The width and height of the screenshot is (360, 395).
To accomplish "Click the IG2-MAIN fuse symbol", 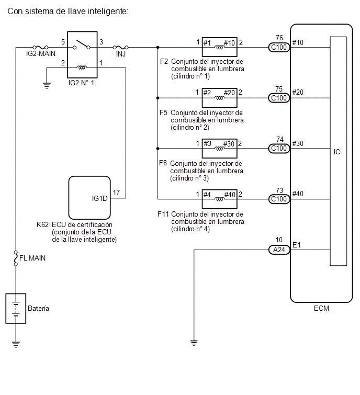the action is [40, 47].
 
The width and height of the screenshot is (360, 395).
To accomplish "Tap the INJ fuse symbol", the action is [120, 47].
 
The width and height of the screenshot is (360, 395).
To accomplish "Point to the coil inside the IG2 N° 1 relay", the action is [82, 67].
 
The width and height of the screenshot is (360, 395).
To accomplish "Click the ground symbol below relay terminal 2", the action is [47, 86].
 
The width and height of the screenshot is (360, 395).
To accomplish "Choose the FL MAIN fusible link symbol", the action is [16, 258].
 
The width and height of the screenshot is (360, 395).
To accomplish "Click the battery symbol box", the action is [16, 308].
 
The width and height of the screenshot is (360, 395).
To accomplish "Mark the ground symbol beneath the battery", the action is [16, 344].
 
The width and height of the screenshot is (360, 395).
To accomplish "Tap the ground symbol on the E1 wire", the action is [194, 343].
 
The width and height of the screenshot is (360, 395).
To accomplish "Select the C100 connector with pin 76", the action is [279, 47].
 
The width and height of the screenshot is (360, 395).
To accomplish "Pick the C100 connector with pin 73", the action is [279, 199].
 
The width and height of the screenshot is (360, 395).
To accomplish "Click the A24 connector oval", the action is [279, 250].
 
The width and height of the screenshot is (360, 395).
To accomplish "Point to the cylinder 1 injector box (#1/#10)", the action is [219, 47].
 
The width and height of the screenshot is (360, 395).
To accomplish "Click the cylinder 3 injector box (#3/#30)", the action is [219, 149].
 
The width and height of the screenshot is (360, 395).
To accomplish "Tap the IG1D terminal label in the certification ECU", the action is [99, 198].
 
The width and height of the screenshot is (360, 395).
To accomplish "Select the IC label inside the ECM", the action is [337, 152].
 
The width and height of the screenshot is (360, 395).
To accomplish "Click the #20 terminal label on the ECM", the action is [298, 92].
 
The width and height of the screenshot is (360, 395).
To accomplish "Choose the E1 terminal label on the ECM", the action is [297, 245].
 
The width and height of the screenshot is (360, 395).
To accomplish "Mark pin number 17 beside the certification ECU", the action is [116, 193].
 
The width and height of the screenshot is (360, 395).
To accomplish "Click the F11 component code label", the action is [163, 214].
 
